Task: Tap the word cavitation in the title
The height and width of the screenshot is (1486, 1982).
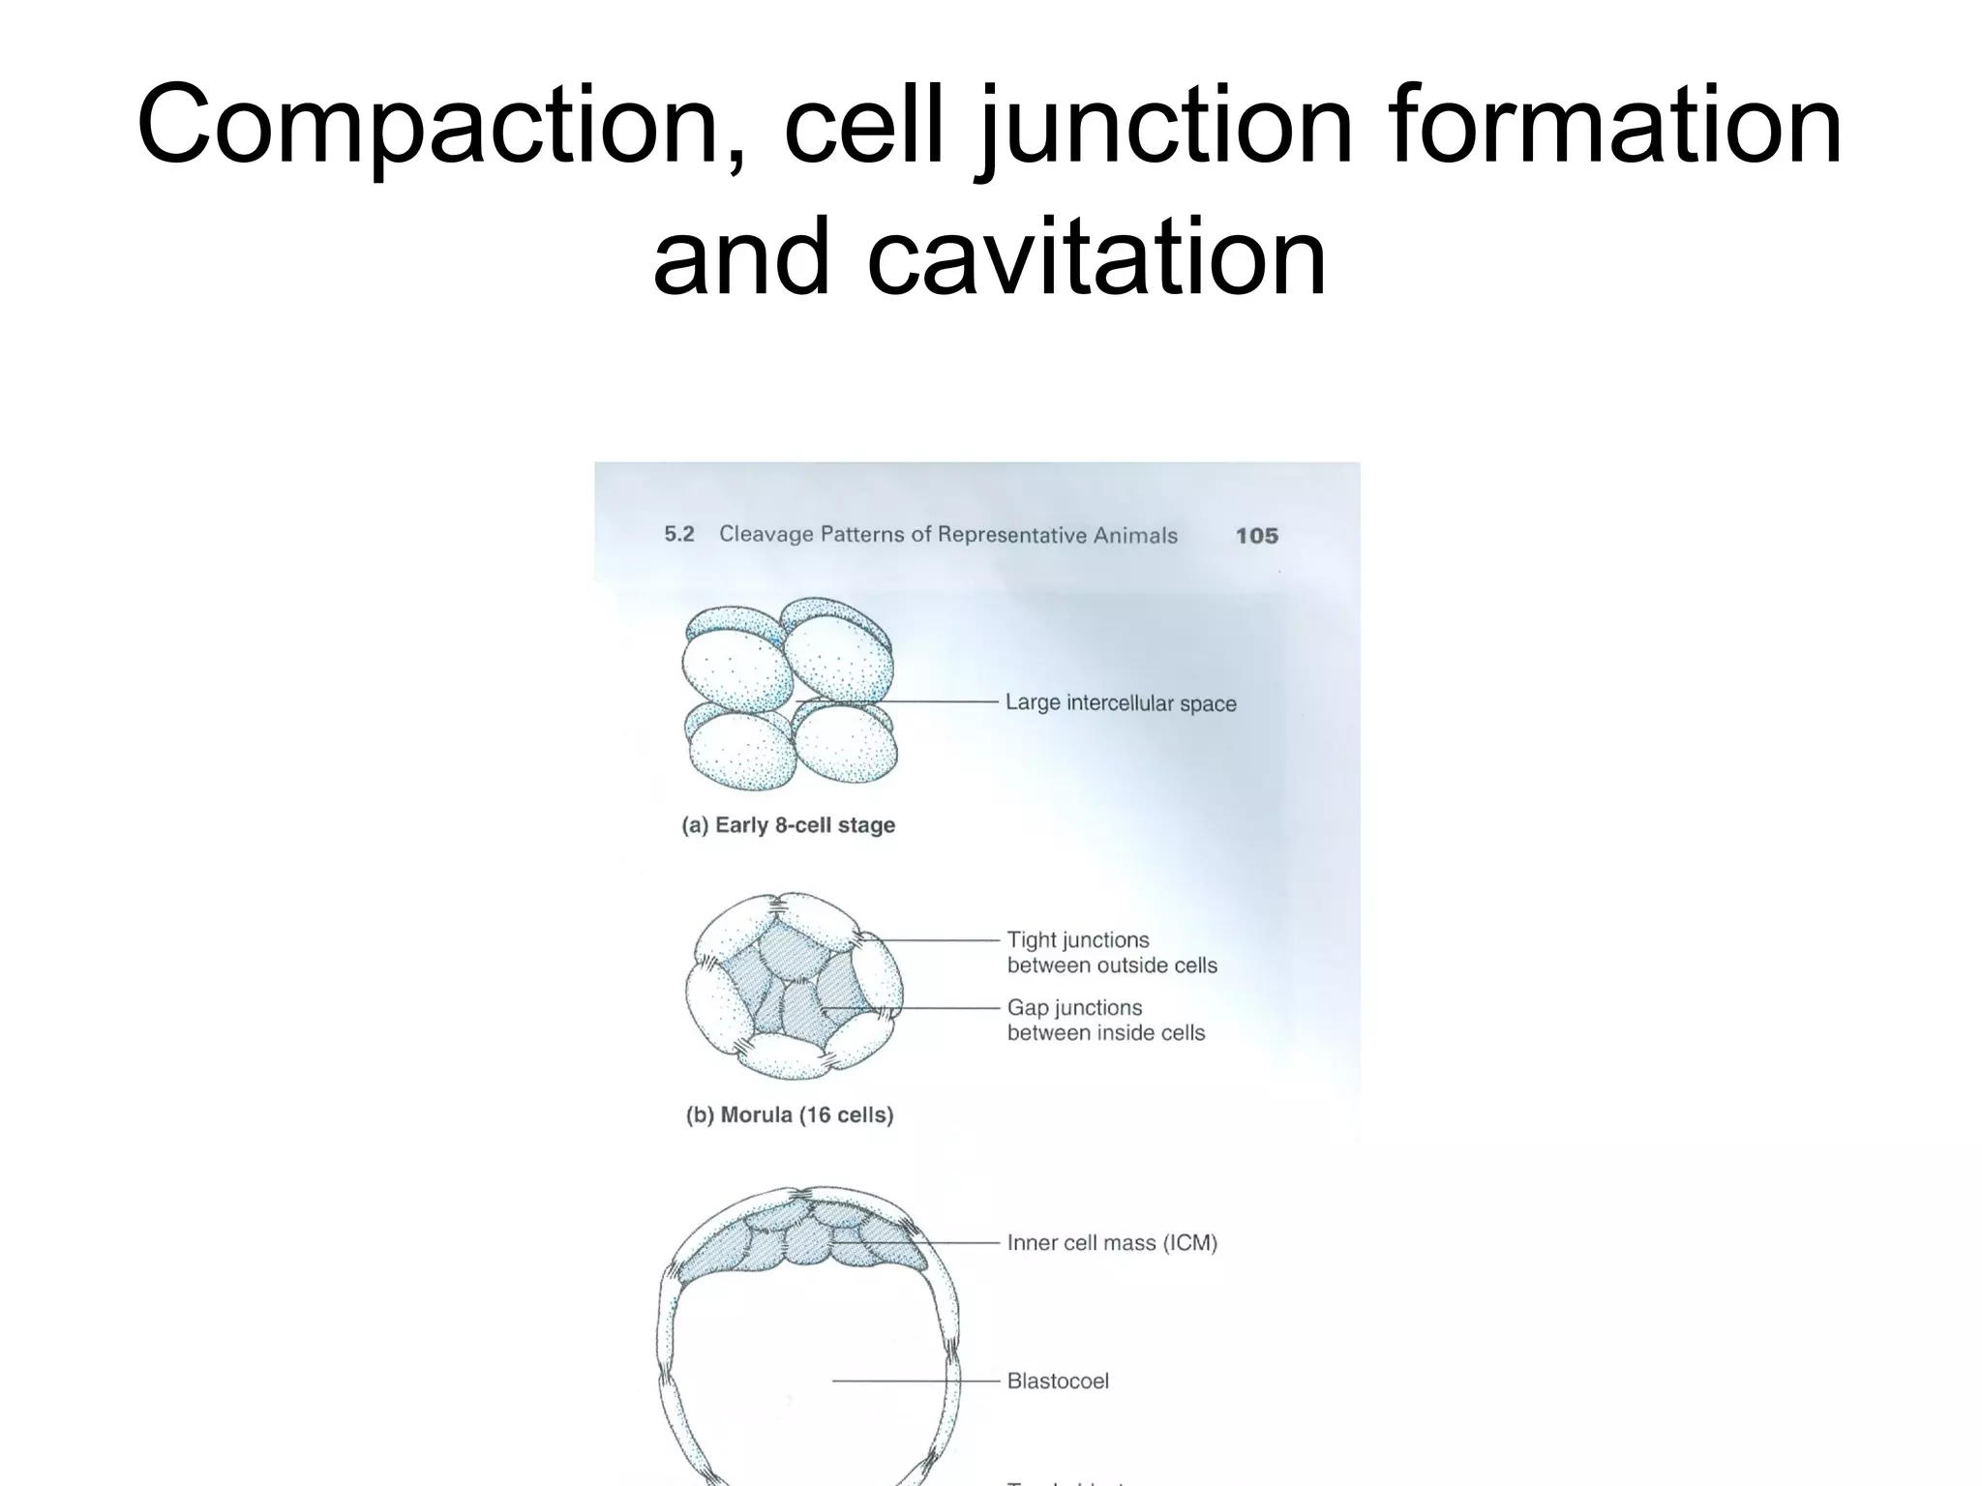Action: pos(1096,257)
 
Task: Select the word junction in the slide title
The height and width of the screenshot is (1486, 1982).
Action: pos(1166,126)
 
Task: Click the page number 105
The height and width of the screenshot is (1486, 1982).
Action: pos(1256,536)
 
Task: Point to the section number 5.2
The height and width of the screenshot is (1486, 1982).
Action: pos(679,534)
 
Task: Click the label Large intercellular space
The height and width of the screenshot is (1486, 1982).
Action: pos(1121,703)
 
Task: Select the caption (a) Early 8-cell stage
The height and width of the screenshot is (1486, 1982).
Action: pos(789,825)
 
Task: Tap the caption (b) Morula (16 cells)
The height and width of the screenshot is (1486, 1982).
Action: pos(790,1114)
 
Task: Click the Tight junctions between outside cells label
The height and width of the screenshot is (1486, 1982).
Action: pos(1111,952)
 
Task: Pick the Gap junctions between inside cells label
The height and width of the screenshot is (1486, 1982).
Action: pos(1105,1020)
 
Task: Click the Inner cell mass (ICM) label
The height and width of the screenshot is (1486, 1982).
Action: pos(1112,1243)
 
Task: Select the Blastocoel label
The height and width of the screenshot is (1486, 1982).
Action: pos(1058,1382)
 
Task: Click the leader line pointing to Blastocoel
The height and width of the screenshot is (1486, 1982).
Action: pos(915,1382)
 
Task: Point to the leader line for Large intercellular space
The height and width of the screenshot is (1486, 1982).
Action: pos(900,701)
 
